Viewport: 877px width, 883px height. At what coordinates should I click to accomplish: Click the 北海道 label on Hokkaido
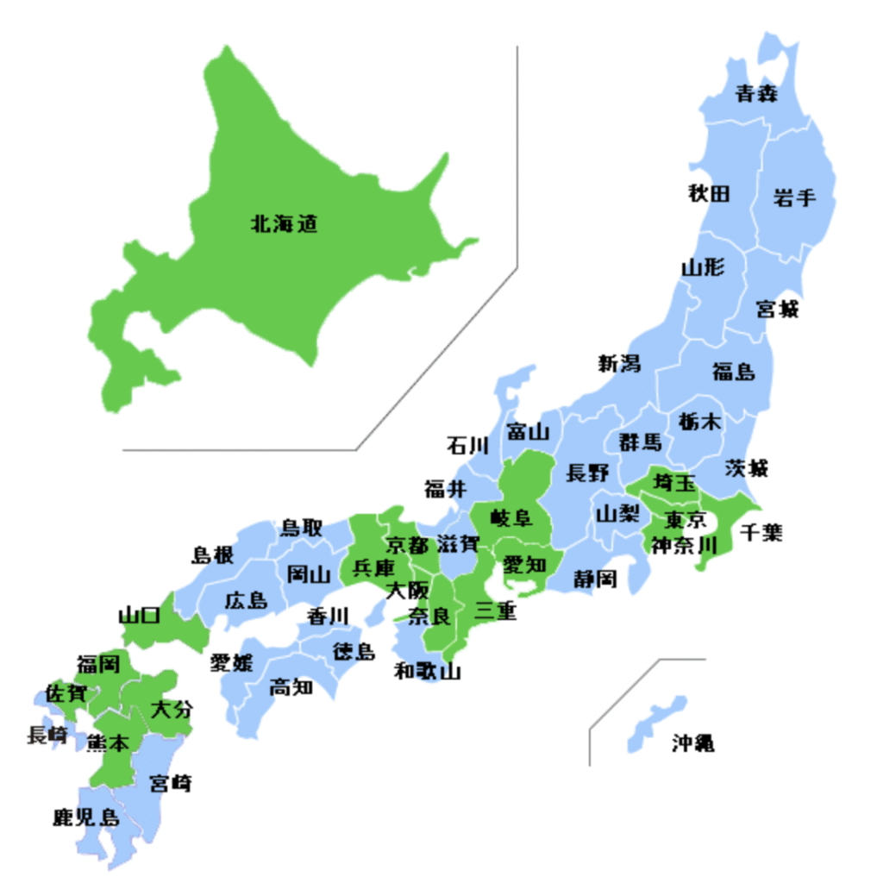(284, 225)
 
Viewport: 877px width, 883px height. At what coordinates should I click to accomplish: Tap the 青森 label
(755, 94)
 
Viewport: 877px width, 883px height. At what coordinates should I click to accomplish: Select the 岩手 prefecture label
(793, 197)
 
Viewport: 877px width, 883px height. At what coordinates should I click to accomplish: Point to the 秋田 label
(708, 193)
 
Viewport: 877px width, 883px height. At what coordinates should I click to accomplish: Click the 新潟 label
(619, 364)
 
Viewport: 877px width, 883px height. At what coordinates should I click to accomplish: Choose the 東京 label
(686, 521)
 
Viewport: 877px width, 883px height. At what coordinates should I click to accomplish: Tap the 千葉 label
(761, 532)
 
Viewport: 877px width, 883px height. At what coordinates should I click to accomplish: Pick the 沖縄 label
(692, 742)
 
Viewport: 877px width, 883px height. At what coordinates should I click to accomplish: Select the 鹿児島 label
(85, 817)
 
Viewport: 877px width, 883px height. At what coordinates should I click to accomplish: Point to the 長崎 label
(47, 736)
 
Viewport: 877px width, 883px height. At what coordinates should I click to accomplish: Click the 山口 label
(139, 616)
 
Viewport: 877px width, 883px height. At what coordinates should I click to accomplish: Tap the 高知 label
(291, 686)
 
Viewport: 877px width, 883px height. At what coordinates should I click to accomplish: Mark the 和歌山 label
(427, 671)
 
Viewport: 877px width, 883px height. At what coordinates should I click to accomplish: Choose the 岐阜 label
(512, 518)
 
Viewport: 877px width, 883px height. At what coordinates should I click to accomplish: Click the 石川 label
(467, 446)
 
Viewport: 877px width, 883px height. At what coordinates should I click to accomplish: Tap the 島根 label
(212, 555)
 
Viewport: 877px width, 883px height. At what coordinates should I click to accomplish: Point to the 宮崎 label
(171, 783)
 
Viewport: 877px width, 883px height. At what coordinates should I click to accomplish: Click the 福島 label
(733, 372)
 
